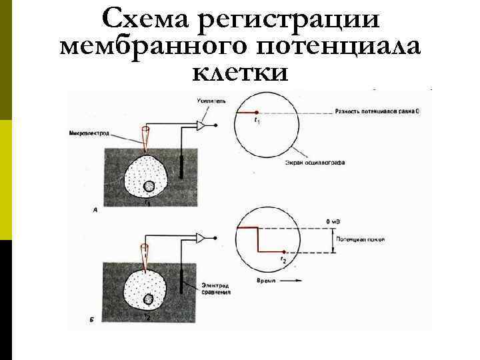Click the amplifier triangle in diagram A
tap(201, 125)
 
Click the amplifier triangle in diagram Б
tap(201, 238)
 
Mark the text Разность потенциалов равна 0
tap(377, 111)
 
